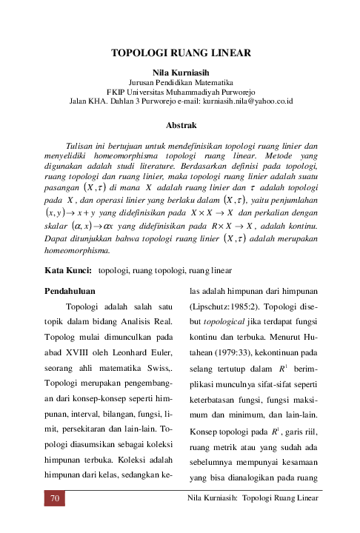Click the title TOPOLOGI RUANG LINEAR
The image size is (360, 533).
click(180, 53)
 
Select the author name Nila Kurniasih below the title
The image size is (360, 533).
click(180, 72)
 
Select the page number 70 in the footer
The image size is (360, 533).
click(53, 498)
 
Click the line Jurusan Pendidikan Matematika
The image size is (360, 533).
click(180, 81)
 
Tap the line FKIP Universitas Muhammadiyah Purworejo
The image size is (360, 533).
click(180, 90)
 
